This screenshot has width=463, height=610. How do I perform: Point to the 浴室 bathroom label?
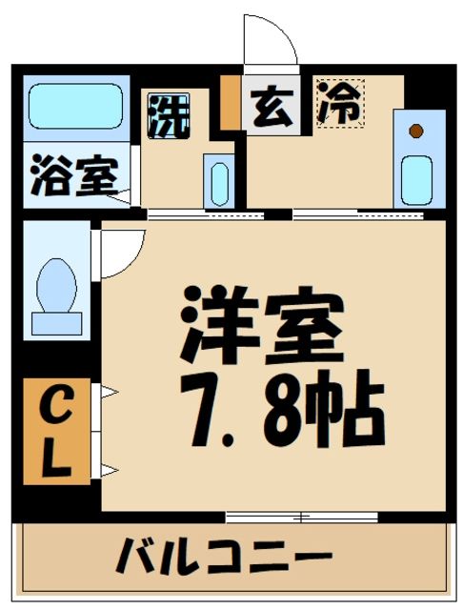click(x=73, y=177)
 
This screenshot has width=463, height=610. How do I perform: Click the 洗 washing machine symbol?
click(x=168, y=115)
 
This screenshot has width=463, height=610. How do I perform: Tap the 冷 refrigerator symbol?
click(x=340, y=104)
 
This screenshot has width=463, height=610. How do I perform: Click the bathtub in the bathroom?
click(x=76, y=107)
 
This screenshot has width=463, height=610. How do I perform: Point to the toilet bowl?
click(x=56, y=286)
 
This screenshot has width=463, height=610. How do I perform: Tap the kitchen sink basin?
click(x=414, y=179)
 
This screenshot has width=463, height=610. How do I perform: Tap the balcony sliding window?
click(x=301, y=518)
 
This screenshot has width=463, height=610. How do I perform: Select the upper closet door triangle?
click(x=107, y=391)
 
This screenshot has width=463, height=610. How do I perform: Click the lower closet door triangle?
click(x=107, y=468)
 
